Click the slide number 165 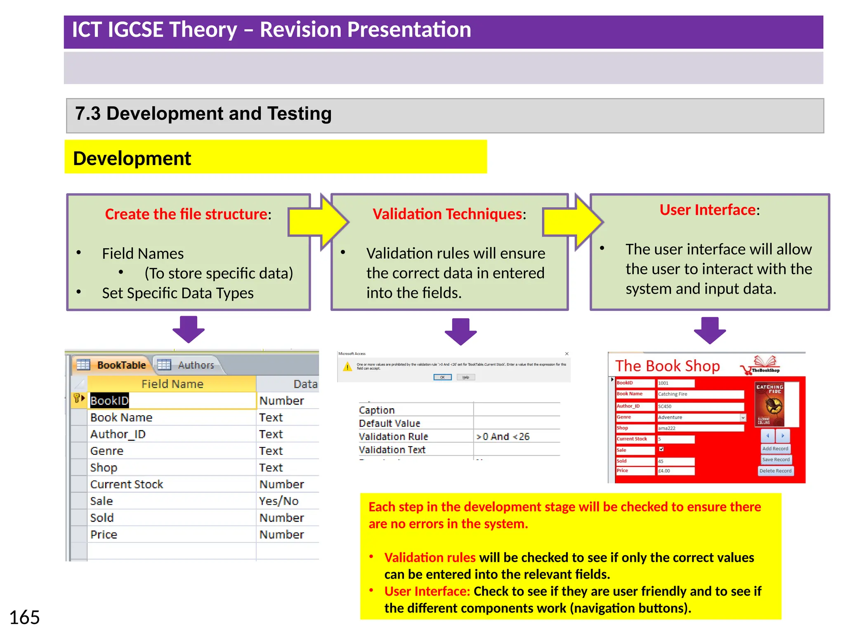tap(24, 617)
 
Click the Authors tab tap(196, 365)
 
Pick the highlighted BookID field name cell tap(110, 400)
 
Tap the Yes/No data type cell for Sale tap(279, 501)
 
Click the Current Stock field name tap(127, 484)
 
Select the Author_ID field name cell tap(118, 434)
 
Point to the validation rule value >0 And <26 tap(503, 436)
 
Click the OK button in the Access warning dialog tap(442, 377)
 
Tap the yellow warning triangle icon tap(347, 367)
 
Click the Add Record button tap(775, 449)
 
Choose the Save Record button tap(776, 459)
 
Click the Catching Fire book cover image tap(769, 405)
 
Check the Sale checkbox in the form tap(661, 449)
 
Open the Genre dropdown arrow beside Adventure tap(743, 417)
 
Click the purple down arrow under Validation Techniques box tap(460, 331)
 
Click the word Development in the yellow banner tap(132, 158)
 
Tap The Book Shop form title tap(667, 366)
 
